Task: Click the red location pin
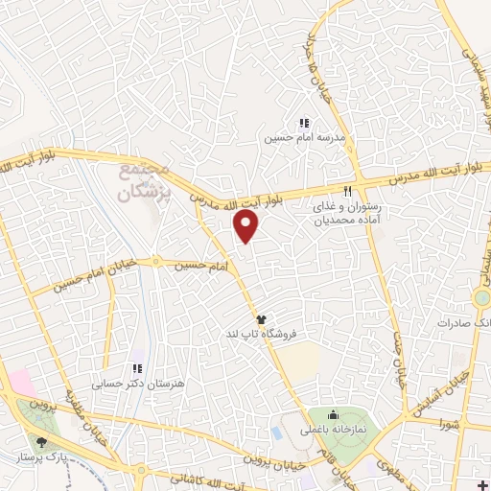pyautogui.click(x=247, y=225)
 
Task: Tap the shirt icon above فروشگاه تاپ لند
pyautogui.click(x=260, y=317)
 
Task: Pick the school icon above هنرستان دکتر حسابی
pyautogui.click(x=137, y=368)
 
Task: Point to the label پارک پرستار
pyautogui.click(x=37, y=457)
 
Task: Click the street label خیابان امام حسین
pyautogui.click(x=96, y=277)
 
